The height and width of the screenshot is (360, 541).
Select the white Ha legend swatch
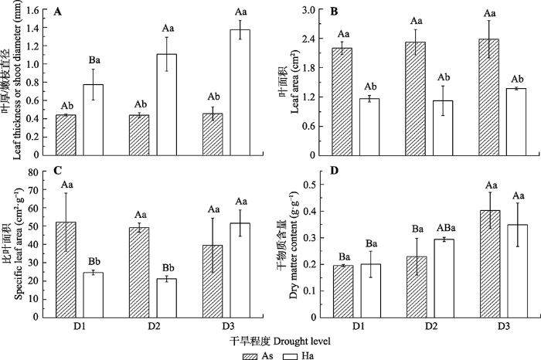291,351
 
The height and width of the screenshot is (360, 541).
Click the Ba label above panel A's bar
93,59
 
